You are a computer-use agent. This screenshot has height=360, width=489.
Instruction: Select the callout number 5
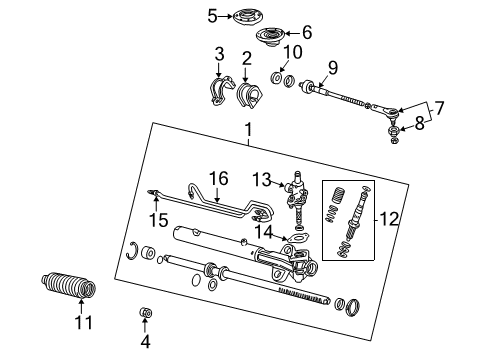pos(212,15)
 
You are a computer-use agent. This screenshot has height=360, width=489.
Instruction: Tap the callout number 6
pos(306,33)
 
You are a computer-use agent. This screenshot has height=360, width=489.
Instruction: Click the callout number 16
pos(218,179)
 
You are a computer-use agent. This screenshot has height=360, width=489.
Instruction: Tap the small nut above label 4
pos(147,316)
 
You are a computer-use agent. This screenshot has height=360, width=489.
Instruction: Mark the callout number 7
pos(439,104)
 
